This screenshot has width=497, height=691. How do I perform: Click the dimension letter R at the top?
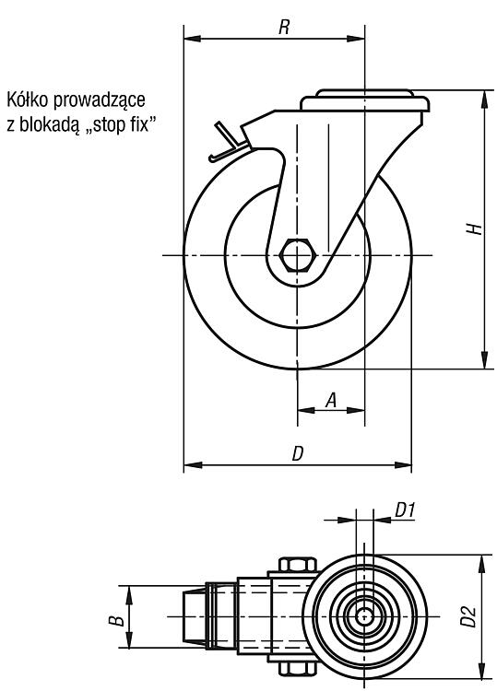284,28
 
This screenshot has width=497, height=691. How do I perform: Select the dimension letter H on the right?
475,228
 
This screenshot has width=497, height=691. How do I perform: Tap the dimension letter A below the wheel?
331,400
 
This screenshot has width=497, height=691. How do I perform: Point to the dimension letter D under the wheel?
299,453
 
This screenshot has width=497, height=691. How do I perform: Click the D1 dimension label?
405,510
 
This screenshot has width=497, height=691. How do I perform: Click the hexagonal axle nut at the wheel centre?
297,255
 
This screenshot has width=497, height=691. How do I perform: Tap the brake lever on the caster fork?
227,142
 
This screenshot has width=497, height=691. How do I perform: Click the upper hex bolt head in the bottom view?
298,565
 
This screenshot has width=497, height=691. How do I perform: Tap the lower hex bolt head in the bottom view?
298,669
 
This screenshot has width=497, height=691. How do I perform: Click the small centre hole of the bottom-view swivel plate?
364,616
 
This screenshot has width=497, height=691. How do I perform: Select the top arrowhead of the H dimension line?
485,99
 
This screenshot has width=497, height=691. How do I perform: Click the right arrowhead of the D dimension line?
403,465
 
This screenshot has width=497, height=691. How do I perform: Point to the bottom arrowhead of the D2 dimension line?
485,671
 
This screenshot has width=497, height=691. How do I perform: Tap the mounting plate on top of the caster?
365,100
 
